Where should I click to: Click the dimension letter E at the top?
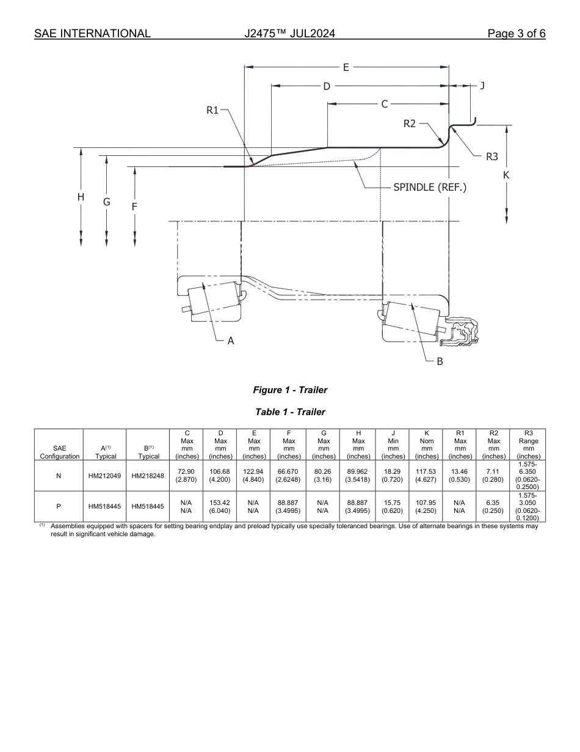pyautogui.click(x=346, y=67)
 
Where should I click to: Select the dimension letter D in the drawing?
pyautogui.click(x=327, y=86)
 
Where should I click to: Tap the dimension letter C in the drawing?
pyautogui.click(x=385, y=104)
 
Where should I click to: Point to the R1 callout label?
pyautogui.click(x=212, y=111)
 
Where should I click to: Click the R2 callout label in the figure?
pyautogui.click(x=410, y=123)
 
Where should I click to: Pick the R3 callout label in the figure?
pyautogui.click(x=492, y=157)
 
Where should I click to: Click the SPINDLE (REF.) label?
pyautogui.click(x=430, y=187)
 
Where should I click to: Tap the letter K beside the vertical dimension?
pyautogui.click(x=506, y=175)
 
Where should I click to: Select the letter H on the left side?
pyautogui.click(x=81, y=197)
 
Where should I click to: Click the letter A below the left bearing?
pyautogui.click(x=231, y=341)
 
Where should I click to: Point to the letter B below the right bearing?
pyautogui.click(x=440, y=361)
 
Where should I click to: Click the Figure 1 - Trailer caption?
pyautogui.click(x=290, y=390)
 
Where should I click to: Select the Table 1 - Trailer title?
pyautogui.click(x=290, y=412)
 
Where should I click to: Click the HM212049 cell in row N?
pyautogui.click(x=104, y=476)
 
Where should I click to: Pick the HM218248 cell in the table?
pyautogui.click(x=148, y=476)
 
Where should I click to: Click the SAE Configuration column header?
pyautogui.click(x=59, y=452)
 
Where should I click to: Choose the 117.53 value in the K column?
pyautogui.click(x=427, y=471)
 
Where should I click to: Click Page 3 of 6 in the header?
pyautogui.click(x=517, y=34)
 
